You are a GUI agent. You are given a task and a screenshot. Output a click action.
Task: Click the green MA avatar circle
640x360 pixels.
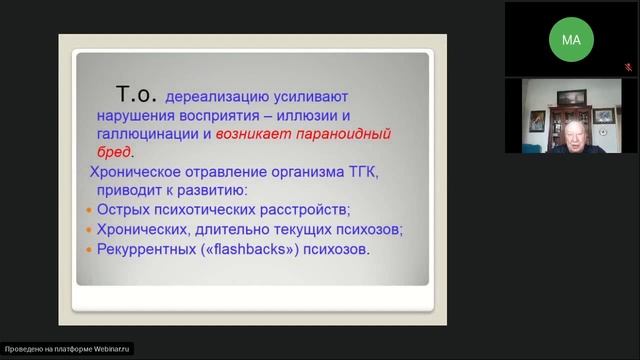point(571,40)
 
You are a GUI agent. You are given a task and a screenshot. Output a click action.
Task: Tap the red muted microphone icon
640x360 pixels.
point(628,67)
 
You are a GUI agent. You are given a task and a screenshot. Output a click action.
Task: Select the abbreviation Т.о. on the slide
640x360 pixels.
point(136,93)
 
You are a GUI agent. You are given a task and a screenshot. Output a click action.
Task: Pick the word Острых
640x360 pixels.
point(128,210)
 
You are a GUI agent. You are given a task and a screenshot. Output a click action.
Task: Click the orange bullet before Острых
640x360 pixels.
point(88,211)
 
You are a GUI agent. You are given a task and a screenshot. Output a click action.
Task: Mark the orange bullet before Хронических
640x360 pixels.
point(88,230)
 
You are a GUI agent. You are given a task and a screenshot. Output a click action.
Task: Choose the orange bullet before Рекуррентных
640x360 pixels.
point(88,249)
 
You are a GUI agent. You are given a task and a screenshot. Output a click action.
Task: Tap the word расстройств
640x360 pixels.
point(305,210)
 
